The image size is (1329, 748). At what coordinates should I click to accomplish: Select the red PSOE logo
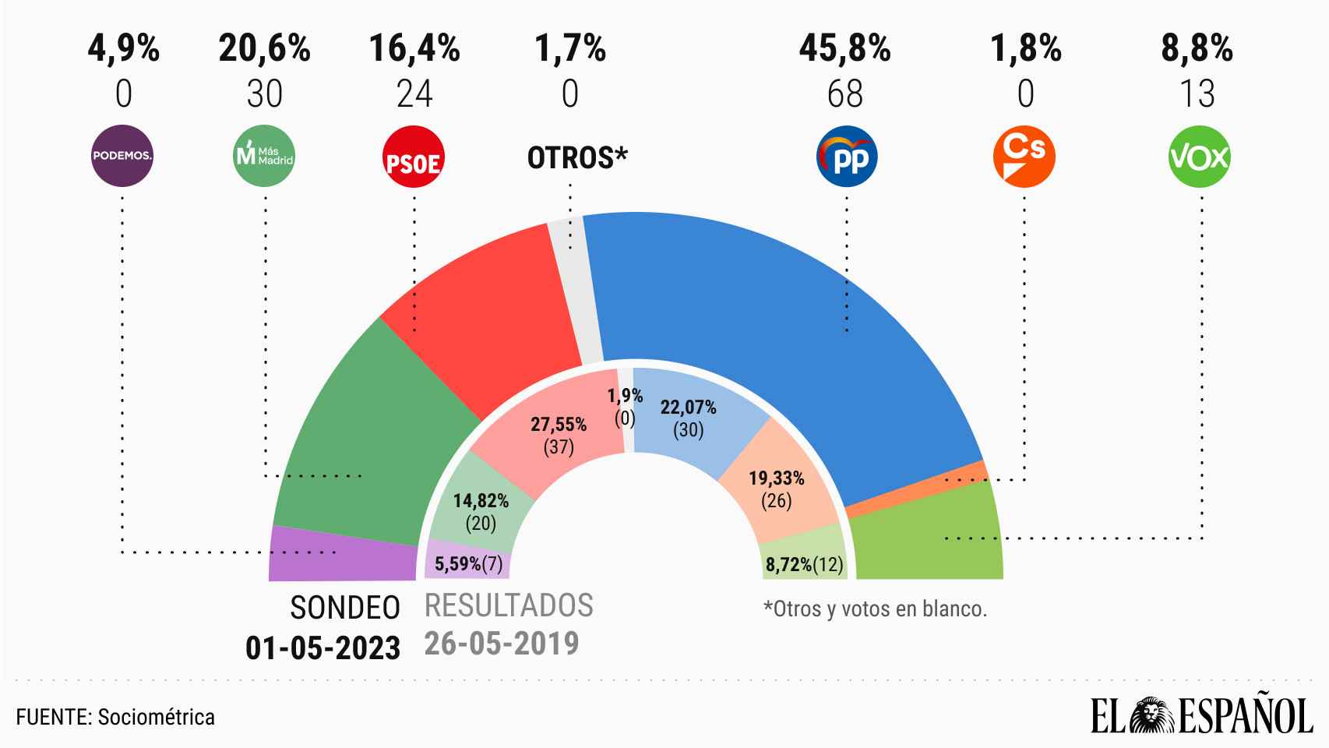point(414,157)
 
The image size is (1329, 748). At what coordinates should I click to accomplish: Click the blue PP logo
point(847,157)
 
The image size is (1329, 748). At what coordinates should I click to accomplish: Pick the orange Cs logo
point(1024,156)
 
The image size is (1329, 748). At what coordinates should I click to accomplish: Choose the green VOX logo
point(1200,157)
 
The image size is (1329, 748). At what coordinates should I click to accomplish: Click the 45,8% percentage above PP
point(844,49)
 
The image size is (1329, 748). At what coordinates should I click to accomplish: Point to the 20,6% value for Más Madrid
point(265,49)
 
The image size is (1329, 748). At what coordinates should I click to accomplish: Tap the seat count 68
point(845,94)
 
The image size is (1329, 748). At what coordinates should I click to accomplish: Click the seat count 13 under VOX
point(1197,94)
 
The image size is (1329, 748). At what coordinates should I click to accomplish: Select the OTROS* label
point(577,157)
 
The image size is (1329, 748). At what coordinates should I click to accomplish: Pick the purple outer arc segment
point(343,555)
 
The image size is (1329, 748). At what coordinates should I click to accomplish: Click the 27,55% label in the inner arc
point(559,425)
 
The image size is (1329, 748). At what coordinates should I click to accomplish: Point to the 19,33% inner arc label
point(776,478)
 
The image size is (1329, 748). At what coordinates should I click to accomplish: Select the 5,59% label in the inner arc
point(458,564)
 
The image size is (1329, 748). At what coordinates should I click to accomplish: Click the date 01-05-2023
point(323,647)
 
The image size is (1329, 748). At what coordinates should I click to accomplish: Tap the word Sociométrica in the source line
point(157,716)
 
